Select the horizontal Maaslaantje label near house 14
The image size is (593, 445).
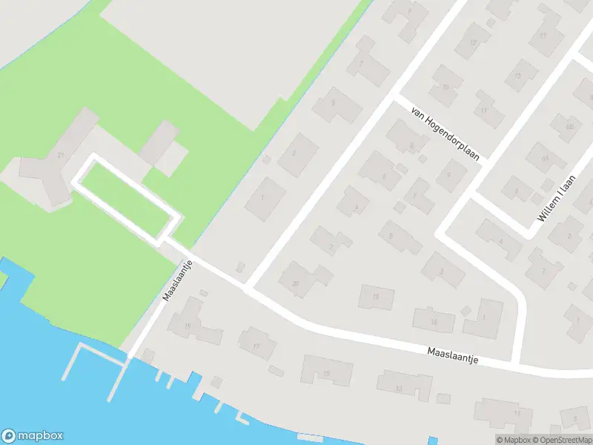[453, 355]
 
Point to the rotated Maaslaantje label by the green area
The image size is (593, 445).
[178, 280]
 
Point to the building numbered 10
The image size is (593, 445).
[445, 87]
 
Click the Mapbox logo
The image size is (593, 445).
[33, 436]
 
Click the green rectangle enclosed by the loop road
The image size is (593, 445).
[127, 198]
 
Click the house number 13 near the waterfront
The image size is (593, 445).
[399, 388]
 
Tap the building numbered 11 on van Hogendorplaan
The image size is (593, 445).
[483, 111]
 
